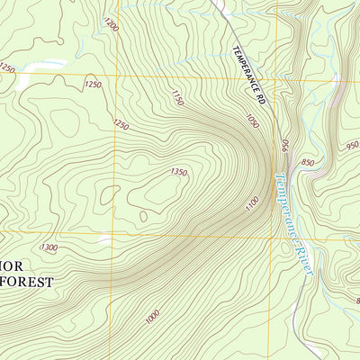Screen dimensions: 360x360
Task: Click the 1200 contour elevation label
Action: (111, 24)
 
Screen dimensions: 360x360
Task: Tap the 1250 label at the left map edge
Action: (7, 67)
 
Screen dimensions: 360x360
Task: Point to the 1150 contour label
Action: (176, 97)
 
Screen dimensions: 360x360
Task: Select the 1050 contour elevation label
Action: (253, 120)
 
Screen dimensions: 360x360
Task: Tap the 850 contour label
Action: (308, 163)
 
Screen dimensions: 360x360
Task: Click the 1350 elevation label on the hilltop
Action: (179, 172)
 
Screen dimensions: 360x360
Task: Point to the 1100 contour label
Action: (252, 204)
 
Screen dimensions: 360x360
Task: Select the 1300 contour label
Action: (49, 247)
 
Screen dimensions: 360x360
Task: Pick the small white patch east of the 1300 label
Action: (105, 241)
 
